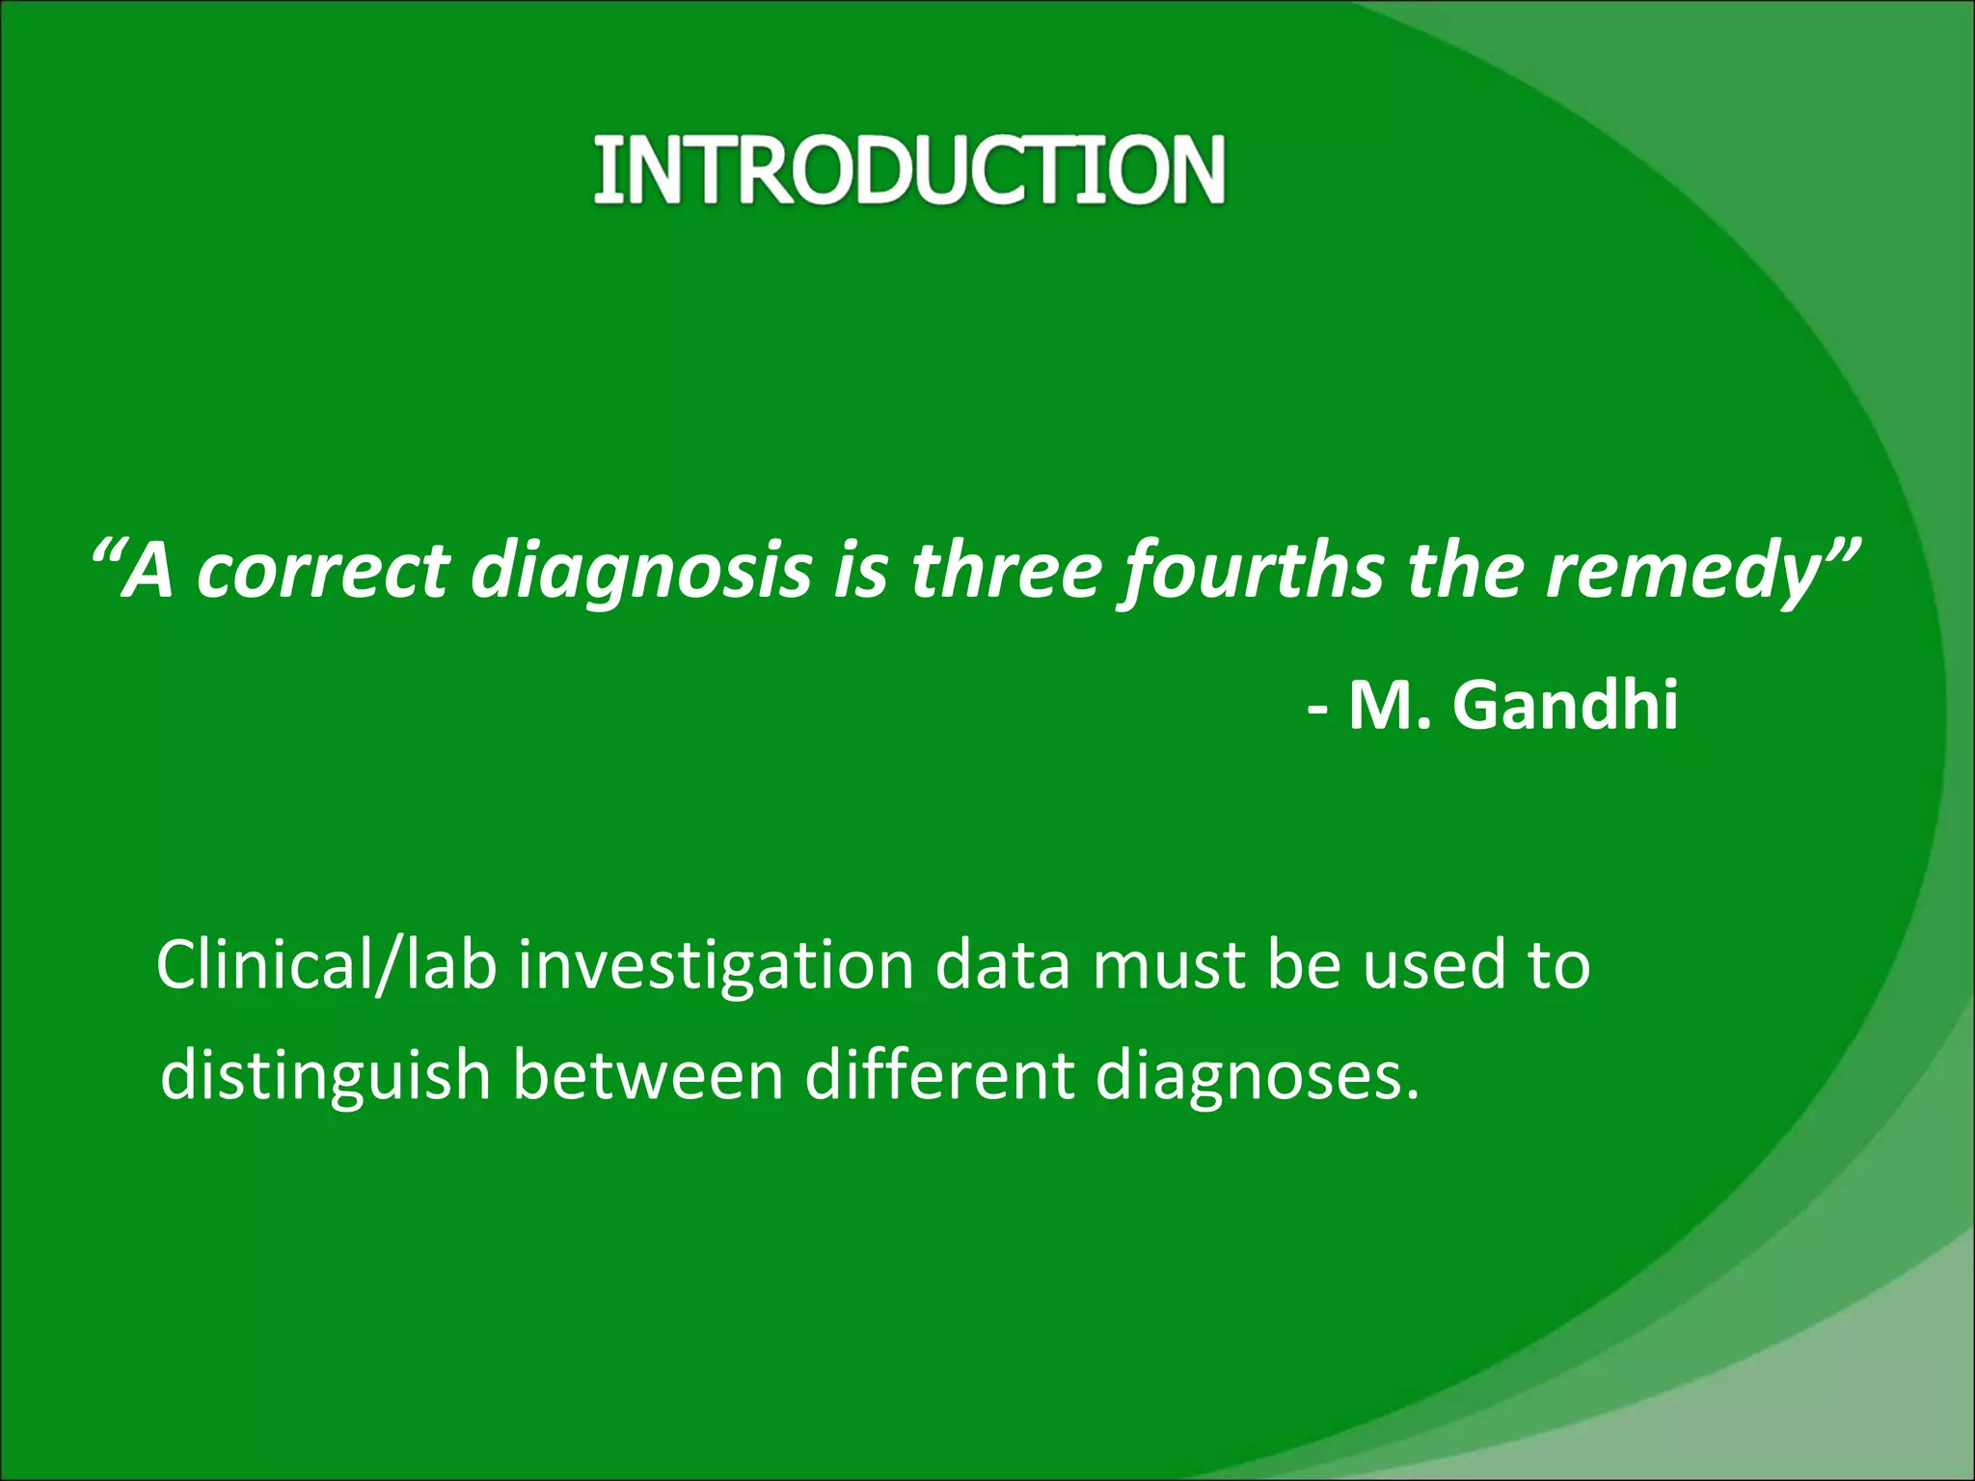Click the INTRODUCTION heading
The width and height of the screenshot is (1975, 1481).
tap(908, 171)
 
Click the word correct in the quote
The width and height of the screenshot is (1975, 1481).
tap(323, 571)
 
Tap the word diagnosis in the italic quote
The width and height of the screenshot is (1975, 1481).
tap(641, 571)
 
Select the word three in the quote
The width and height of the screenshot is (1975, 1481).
tap(1006, 571)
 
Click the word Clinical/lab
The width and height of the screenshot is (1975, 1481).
tap(326, 966)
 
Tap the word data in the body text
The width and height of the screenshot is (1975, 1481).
tap(1002, 966)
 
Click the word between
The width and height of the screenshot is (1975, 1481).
tap(647, 1076)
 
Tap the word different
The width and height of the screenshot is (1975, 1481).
tap(939, 1076)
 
